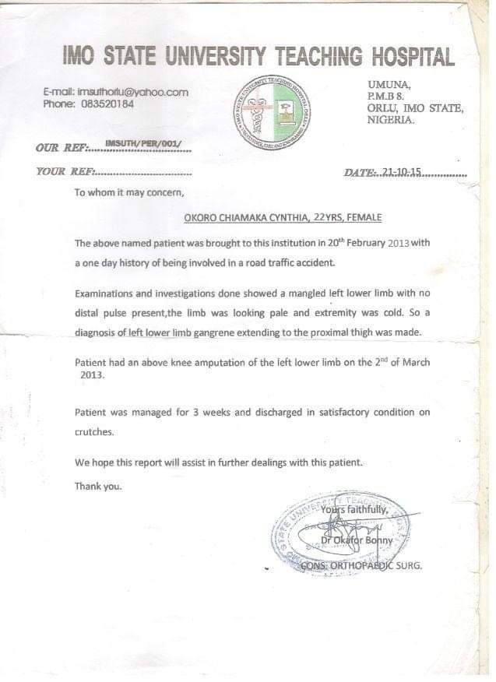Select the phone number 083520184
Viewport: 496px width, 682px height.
coord(107,104)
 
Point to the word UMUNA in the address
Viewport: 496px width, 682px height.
coord(386,83)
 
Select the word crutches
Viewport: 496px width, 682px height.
coord(94,431)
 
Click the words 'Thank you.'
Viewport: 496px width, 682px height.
coord(98,486)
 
